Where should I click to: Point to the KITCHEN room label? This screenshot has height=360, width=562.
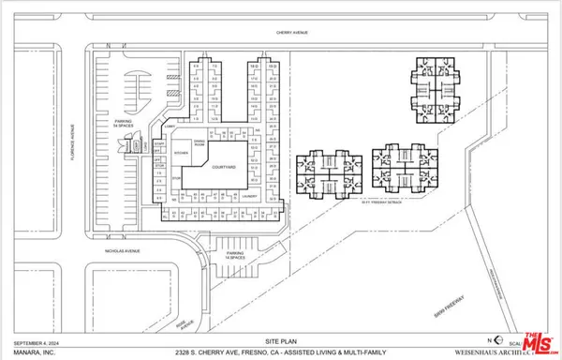[182, 151]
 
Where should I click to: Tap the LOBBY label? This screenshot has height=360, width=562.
[170, 125]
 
